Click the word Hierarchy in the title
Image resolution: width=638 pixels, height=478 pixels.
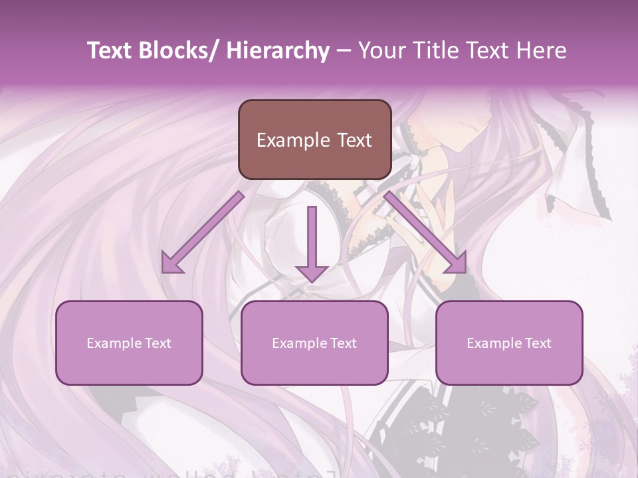coord(277,50)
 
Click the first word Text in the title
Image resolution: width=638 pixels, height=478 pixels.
coord(110,50)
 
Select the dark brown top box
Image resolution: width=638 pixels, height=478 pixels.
coord(314,139)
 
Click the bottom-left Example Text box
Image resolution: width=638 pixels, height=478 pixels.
coord(129,343)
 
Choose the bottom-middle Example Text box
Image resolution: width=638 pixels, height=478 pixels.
coord(314,343)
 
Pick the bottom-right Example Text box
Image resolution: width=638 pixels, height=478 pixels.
coord(509,343)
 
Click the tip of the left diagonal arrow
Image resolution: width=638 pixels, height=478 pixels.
coord(164,271)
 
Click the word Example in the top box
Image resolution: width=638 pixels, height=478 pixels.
coord(284,140)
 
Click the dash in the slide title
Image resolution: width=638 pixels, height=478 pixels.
coord(344,50)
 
